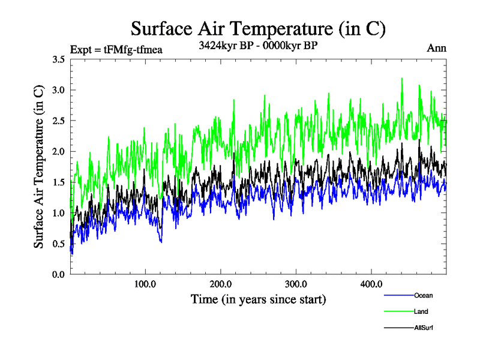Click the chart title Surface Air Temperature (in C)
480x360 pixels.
point(257,28)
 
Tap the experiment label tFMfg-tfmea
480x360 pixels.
point(116,50)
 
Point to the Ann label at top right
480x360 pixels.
point(436,49)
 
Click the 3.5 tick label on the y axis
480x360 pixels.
point(59,59)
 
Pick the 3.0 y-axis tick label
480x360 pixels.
point(59,90)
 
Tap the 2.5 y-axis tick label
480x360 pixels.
point(59,121)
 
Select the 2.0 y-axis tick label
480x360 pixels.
point(59,152)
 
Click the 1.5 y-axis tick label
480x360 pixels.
point(59,182)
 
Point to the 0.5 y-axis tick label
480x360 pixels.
point(59,244)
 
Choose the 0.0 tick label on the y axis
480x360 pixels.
point(59,274)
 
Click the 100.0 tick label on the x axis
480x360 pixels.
point(145,284)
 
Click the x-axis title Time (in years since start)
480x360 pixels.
point(258,299)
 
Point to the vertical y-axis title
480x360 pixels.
point(38,167)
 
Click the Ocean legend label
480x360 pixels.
point(423,295)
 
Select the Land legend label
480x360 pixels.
point(421,311)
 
